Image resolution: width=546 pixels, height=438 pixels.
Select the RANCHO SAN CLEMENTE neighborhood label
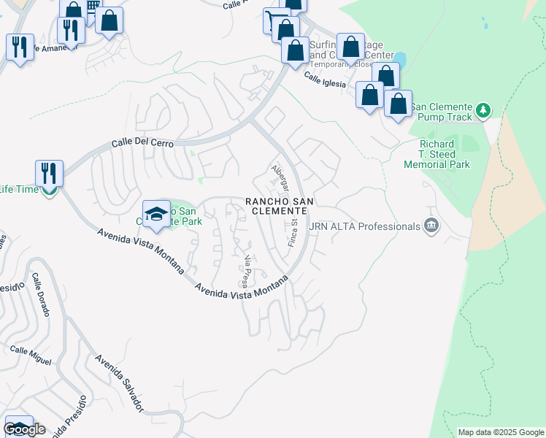click(x=275, y=206)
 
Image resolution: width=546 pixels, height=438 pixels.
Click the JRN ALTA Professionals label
click(x=365, y=226)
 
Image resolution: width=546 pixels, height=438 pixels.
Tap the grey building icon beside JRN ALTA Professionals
click(x=431, y=226)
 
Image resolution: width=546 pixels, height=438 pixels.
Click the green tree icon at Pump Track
click(x=482, y=111)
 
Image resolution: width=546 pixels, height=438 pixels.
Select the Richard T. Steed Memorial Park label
click(x=438, y=155)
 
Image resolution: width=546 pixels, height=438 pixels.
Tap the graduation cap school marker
click(x=156, y=213)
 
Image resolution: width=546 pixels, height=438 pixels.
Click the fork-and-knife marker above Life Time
click(x=49, y=173)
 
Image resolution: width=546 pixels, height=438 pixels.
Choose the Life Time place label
click(x=18, y=190)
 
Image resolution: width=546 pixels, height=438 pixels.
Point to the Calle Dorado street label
click(x=41, y=295)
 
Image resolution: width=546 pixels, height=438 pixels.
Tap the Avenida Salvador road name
click(x=119, y=384)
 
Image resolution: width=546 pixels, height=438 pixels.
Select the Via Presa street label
click(x=247, y=271)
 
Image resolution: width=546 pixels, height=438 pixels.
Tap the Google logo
click(x=25, y=429)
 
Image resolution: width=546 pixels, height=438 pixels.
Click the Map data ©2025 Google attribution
click(x=501, y=432)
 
